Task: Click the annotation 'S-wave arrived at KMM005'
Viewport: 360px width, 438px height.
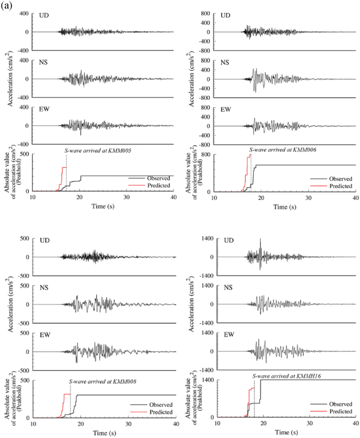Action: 94,150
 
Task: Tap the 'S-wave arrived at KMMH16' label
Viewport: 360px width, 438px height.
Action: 284,376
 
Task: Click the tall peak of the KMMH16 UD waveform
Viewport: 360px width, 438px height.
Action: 260,240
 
